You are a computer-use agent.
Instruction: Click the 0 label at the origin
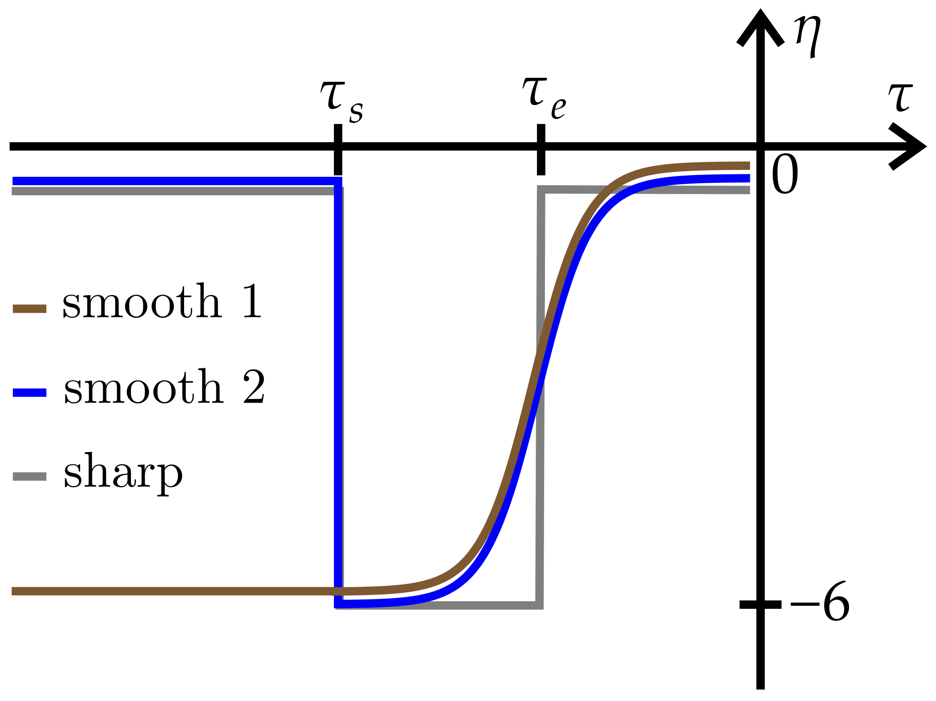tap(785, 174)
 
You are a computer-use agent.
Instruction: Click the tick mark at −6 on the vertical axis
tap(760, 604)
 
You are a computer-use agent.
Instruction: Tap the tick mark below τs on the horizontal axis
tap(338, 149)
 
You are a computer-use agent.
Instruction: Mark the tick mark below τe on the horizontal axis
tap(541, 149)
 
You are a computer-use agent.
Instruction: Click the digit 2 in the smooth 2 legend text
tap(254, 386)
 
